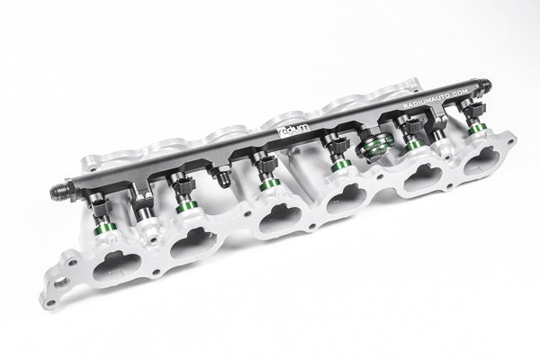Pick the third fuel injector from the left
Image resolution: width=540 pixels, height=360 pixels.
(266, 172)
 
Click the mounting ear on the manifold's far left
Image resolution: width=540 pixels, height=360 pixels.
(60, 281)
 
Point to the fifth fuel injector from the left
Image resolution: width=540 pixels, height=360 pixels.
(411, 135)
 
